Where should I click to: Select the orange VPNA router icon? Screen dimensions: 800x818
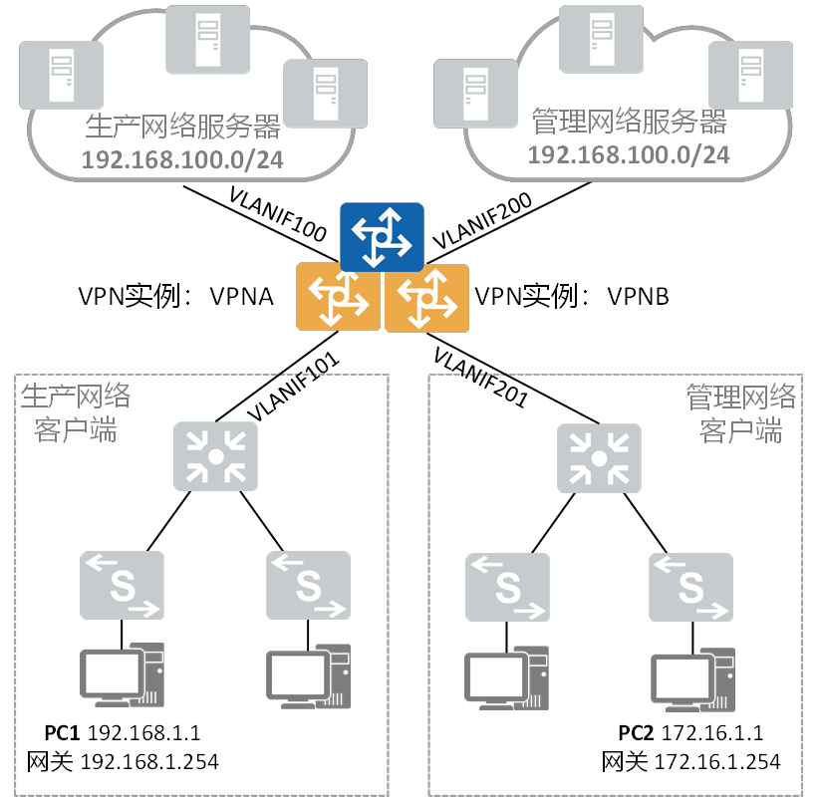click(x=338, y=296)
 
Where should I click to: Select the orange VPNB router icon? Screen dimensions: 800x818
click(x=426, y=296)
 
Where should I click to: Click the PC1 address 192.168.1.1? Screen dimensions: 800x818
click(x=144, y=733)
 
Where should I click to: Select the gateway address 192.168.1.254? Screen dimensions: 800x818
click(x=153, y=762)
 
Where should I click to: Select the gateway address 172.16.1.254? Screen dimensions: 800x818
click(x=717, y=762)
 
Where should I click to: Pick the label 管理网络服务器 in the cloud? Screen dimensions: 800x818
click(x=630, y=122)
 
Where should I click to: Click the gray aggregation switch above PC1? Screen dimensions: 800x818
click(x=214, y=456)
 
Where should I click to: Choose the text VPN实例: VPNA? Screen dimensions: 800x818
click(x=175, y=297)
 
